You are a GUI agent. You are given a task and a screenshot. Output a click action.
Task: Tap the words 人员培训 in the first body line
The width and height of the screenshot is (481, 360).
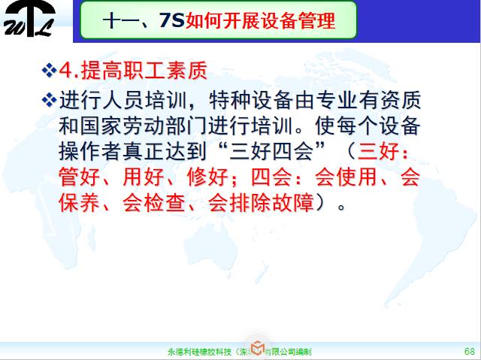(165, 99)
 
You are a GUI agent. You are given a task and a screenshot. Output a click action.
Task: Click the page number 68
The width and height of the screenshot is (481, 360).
(469, 351)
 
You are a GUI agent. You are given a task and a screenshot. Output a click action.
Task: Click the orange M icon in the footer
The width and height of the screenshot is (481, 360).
(257, 347)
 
